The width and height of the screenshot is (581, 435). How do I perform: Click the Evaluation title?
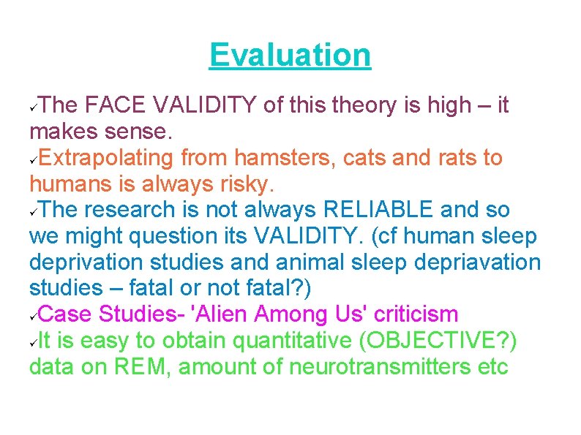tap(290, 55)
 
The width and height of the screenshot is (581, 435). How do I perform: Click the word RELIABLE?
tap(378, 211)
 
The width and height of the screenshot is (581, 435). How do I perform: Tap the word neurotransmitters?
tap(381, 367)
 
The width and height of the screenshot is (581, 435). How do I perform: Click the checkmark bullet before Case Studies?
tap(33, 317)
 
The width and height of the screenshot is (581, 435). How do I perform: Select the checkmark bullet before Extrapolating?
tap(33, 159)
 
